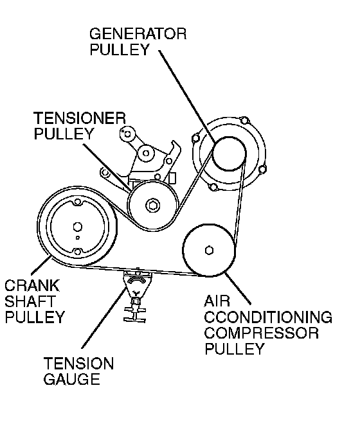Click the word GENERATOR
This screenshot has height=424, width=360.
138,34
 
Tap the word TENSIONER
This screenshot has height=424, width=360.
80,118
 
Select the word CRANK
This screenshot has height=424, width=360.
32,285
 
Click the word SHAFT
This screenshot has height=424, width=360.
30,301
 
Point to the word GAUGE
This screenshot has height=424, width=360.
72,379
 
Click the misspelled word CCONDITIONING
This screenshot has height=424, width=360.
268,317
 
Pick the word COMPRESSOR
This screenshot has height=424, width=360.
262,333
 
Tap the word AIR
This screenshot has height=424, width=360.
217,301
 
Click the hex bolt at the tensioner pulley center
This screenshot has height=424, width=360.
152,205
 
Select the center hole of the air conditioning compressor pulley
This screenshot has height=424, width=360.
209,250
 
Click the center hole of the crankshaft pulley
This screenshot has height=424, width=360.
77,227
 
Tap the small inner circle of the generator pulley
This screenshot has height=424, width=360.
229,154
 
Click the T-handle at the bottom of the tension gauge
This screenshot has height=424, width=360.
135,315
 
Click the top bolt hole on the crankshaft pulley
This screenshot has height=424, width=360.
78,202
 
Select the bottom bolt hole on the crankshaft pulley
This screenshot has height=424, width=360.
78,252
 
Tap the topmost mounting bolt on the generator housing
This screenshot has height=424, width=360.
244,120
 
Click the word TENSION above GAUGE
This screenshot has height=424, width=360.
78,363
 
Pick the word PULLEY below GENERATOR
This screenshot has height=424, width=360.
120,49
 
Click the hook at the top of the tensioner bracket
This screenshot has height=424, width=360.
175,147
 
